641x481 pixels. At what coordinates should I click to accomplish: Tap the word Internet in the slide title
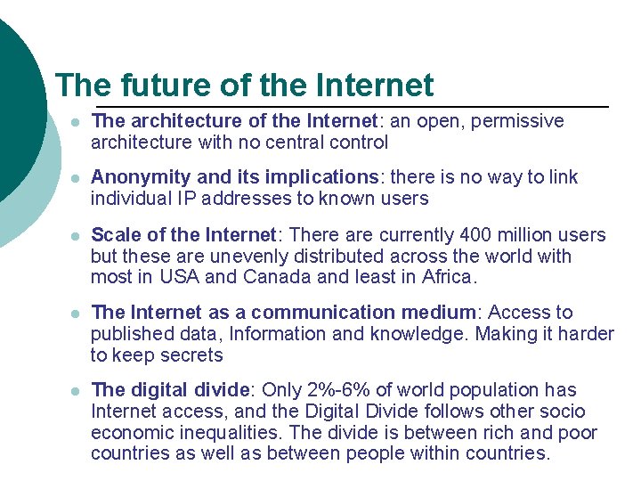[x=374, y=86]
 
